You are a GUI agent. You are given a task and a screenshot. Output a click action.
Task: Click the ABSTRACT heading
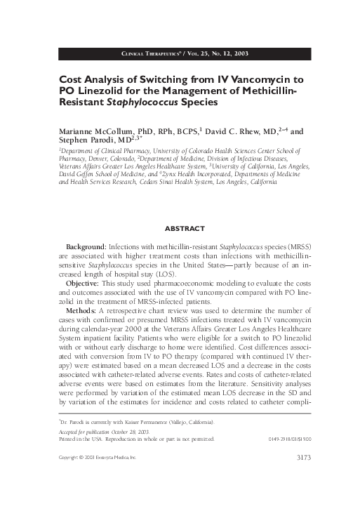point(184,229)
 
